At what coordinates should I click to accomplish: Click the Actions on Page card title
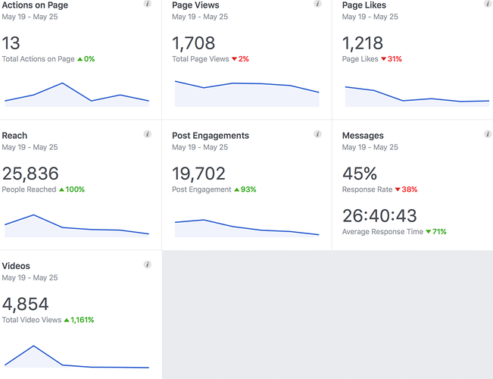pos(35,5)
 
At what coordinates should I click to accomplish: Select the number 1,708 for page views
pos(193,42)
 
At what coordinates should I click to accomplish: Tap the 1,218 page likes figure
pos(362,42)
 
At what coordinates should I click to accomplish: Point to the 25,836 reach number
pos(30,174)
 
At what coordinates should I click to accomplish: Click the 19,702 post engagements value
pos(200,174)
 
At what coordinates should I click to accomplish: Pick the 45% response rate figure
pos(359,174)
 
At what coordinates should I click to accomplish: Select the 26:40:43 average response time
pos(379,216)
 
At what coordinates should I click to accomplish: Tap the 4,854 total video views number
pos(25,304)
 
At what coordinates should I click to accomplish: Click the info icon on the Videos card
pos(148,265)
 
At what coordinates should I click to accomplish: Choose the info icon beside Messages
pos(488,134)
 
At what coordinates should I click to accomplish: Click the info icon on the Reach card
pos(148,134)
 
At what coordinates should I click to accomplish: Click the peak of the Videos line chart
pos(33,346)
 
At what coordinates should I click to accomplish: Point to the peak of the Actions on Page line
pos(62,83)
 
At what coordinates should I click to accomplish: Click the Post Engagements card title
pos(211,136)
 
